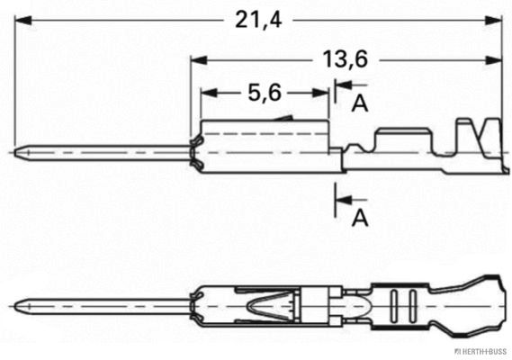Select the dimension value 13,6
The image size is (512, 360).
(345, 59)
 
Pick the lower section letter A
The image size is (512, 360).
(360, 216)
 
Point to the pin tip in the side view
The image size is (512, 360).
(18, 152)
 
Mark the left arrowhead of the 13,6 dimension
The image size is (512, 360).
(197, 60)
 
